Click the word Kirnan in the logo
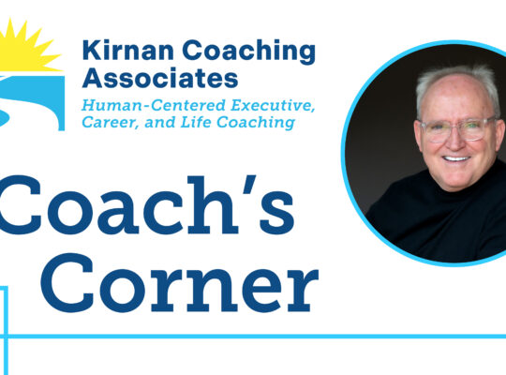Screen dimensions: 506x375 (x=128, y=50)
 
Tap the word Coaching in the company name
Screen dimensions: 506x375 (x=249, y=52)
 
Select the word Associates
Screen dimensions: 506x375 (x=160, y=78)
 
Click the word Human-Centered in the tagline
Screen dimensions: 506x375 (x=154, y=105)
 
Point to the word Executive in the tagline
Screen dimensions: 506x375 (x=273, y=106)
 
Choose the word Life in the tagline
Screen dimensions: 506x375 (x=195, y=122)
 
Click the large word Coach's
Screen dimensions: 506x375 (x=147, y=204)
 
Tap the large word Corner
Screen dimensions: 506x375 (x=179, y=283)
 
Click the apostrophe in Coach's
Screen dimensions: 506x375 (x=249, y=185)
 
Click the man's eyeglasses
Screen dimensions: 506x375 (x=457, y=128)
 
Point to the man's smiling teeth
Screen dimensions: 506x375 (x=456, y=158)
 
